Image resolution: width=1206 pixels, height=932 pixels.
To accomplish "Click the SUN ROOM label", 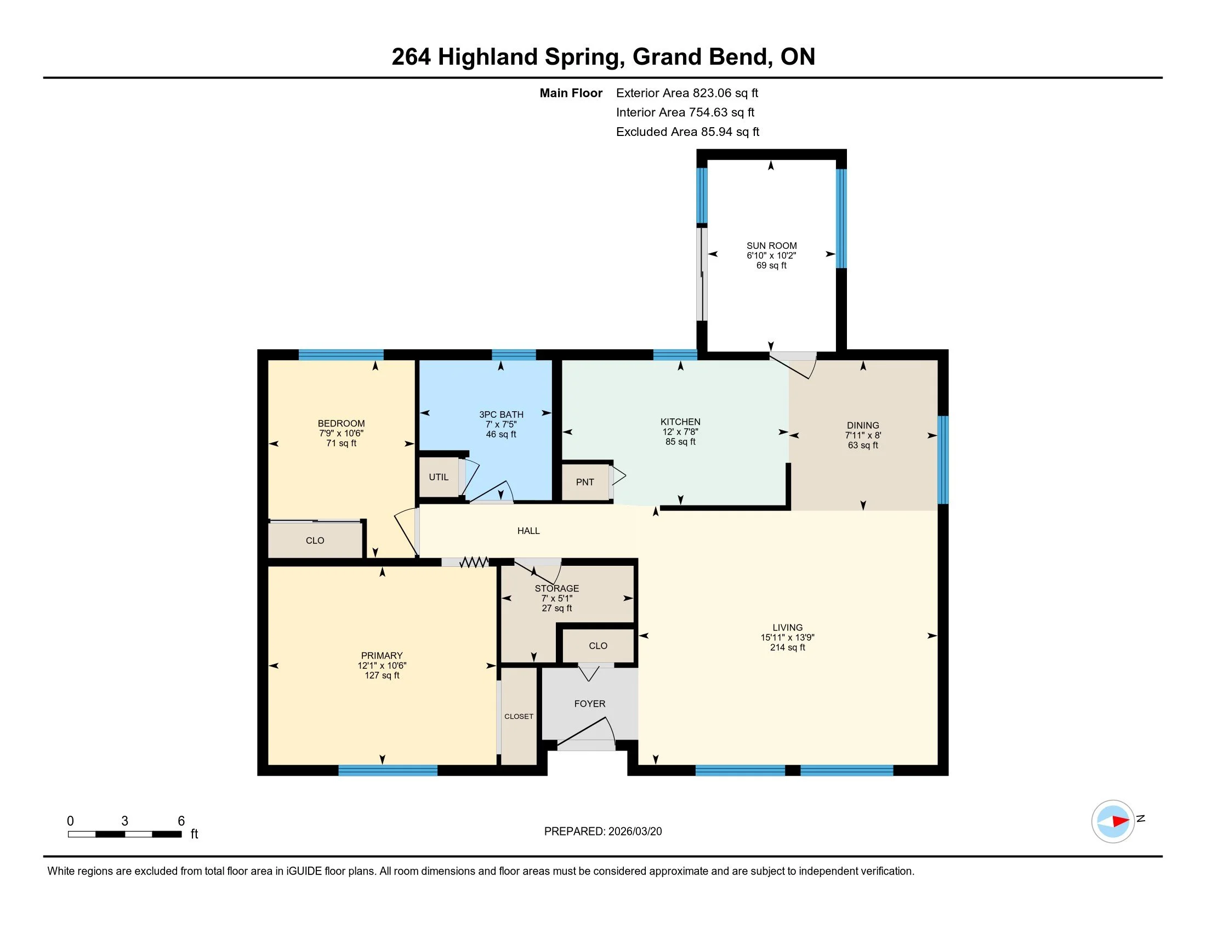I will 771,246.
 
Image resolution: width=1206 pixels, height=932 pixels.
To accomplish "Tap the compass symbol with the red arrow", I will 1113,821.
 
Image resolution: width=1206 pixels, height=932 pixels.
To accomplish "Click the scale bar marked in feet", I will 125,834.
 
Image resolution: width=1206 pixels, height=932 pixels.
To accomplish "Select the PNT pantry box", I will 585,482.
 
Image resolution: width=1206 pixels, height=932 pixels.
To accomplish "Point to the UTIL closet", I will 439,477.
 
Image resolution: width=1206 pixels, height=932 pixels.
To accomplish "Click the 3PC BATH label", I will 501,414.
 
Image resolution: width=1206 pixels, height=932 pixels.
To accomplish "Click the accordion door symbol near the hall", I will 474,562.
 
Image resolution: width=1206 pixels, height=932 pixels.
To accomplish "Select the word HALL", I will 528,531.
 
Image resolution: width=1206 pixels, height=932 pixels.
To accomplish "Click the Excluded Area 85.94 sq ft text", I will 687,132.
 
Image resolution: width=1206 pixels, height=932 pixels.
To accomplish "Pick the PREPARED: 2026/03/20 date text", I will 602,832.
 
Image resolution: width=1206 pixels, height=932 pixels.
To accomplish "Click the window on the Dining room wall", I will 943,460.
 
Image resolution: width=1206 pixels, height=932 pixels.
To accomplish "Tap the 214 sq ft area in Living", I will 787,647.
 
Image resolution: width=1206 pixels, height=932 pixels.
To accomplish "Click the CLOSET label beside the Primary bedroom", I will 519,716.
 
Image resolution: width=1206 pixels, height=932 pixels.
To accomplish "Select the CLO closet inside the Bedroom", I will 315,541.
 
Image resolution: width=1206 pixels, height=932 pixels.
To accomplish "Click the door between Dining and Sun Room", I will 793,365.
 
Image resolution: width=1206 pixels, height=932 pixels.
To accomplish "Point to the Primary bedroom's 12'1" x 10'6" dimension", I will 382,666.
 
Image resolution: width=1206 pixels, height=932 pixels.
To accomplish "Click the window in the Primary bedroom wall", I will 388,770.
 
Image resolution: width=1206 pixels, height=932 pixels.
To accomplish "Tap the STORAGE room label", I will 556,589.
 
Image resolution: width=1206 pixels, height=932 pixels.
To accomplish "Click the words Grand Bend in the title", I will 701,57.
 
